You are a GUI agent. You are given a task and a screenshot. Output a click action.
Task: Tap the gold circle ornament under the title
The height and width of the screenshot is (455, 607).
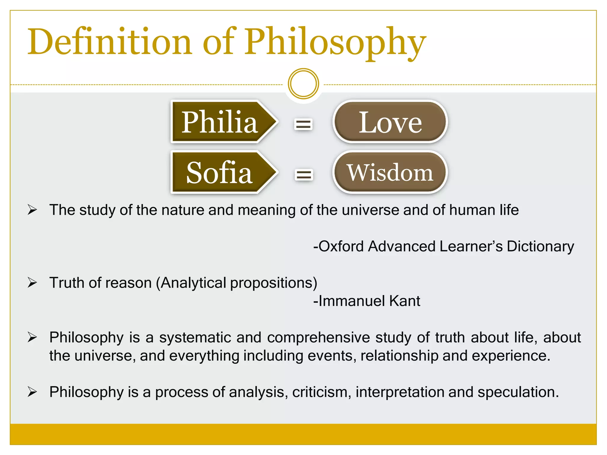303,84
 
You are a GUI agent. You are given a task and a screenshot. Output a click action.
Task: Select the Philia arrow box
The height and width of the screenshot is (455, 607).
221,122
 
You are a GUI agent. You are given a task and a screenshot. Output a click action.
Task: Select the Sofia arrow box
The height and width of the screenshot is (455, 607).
221,172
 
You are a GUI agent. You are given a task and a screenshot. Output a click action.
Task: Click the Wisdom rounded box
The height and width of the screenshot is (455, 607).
390,172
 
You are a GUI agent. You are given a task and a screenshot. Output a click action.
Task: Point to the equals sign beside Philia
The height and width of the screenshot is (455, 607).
303,124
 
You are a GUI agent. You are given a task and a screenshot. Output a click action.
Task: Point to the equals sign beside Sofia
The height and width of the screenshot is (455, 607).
303,174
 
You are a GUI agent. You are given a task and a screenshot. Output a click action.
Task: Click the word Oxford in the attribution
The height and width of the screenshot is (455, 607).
341,246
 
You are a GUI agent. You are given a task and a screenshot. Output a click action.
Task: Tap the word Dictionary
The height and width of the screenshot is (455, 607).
540,246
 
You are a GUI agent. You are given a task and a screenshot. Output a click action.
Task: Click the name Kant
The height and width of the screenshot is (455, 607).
405,301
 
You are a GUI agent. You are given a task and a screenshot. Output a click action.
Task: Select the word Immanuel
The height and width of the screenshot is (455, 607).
352,301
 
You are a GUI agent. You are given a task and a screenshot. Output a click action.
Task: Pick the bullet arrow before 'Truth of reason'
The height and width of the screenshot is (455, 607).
32,283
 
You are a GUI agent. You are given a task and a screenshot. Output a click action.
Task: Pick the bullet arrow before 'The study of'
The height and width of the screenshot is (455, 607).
32,210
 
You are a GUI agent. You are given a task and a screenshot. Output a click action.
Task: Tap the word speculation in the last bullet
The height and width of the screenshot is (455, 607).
518,392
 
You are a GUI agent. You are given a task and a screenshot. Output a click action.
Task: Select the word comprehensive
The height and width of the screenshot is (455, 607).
318,337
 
